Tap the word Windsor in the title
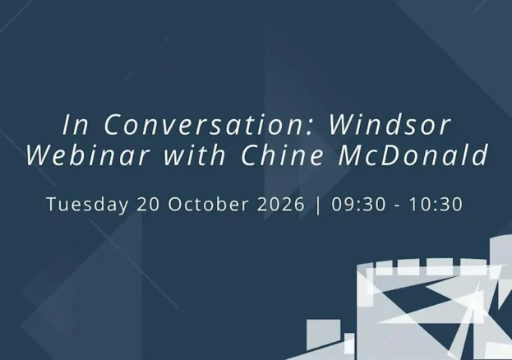click(390, 124)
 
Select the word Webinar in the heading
click(88, 155)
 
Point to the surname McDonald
click(413, 155)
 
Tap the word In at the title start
click(76, 124)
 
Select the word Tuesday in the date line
click(87, 205)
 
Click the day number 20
click(148, 204)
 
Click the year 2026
click(281, 204)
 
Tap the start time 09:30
click(358, 204)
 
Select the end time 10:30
click(436, 204)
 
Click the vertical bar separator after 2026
click(318, 205)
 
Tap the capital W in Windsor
click(342, 124)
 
